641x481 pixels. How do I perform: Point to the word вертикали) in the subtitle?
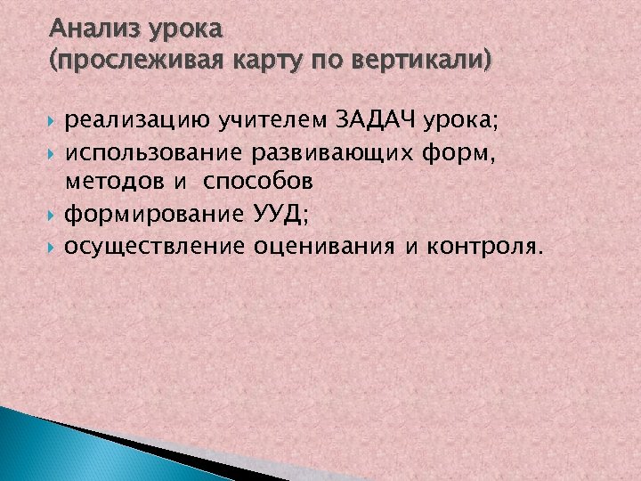[x=422, y=61]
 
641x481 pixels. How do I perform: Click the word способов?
[x=258, y=183]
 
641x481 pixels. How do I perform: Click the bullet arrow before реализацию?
[x=54, y=119]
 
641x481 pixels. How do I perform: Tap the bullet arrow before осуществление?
[x=54, y=247]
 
